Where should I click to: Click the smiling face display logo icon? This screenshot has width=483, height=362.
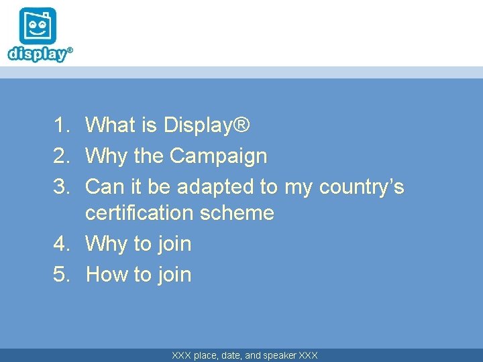click(38, 26)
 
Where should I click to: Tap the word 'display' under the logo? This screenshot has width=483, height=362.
click(38, 54)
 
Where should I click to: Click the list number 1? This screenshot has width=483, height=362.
click(62, 125)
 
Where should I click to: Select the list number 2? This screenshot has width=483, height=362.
click(62, 156)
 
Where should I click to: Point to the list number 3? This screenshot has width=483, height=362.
click(62, 186)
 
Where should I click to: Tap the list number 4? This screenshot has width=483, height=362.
click(62, 244)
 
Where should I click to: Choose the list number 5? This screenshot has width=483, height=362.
click(62, 274)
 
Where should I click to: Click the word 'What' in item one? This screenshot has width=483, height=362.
click(111, 125)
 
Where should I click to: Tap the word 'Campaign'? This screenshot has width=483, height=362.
click(218, 156)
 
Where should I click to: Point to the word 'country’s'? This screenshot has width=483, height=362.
click(362, 186)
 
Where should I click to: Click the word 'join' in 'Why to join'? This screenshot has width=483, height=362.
click(174, 244)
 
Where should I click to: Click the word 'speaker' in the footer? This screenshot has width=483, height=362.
click(280, 355)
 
